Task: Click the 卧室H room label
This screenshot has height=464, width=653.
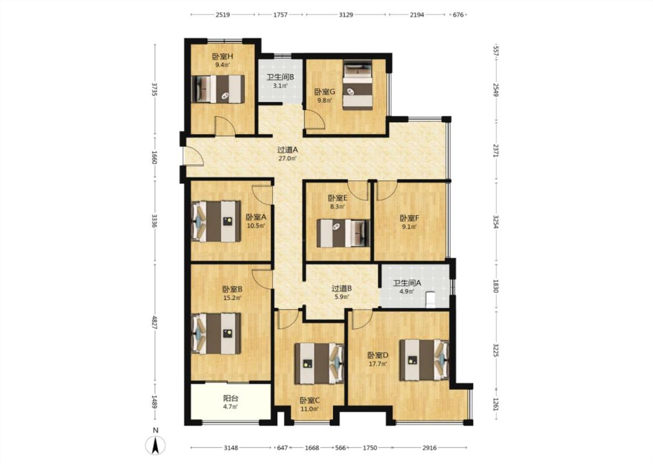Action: [x=223, y=56]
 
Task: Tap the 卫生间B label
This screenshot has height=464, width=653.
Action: [x=281, y=77]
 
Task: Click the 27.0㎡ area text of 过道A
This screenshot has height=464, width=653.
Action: [x=287, y=158]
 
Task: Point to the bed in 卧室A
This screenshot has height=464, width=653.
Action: [x=216, y=222]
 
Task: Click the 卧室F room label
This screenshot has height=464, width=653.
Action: [x=409, y=218]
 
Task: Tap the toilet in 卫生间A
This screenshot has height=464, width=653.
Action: [x=430, y=299]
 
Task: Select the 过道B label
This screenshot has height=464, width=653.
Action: [x=342, y=288]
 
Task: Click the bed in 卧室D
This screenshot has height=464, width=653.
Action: [x=424, y=360]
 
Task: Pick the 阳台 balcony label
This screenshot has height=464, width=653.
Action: [x=230, y=398]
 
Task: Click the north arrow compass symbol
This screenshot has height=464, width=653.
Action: [x=156, y=445]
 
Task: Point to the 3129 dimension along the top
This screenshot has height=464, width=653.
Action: [x=346, y=14]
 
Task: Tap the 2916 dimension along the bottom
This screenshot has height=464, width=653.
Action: [x=430, y=448]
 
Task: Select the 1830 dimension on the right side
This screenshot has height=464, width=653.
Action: [x=496, y=286]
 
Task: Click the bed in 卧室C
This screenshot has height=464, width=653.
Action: [x=319, y=363]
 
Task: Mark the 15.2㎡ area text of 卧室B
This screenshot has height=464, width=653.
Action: [x=232, y=298]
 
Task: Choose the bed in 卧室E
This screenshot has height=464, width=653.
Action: [x=343, y=233]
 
